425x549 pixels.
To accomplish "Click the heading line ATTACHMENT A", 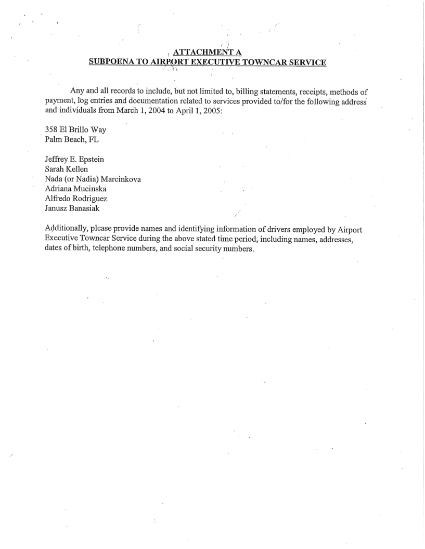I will [x=205, y=52].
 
